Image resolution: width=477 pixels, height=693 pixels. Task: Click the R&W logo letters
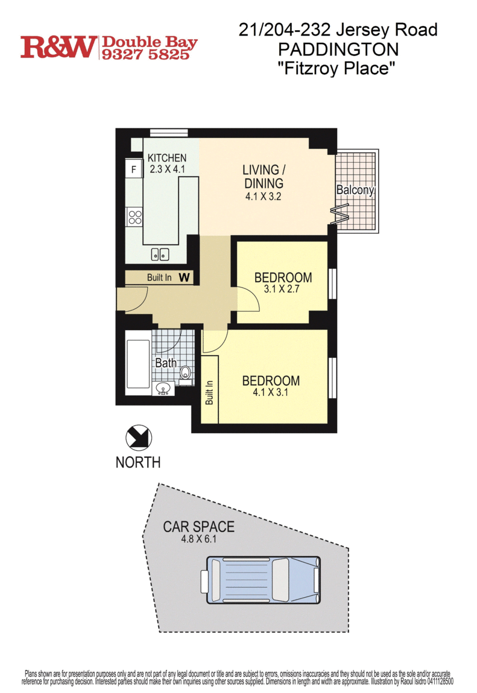click(x=58, y=47)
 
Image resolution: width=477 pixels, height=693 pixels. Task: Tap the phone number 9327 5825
click(x=146, y=54)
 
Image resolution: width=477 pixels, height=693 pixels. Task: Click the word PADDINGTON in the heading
click(x=338, y=49)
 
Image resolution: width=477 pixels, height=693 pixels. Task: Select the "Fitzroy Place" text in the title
click(x=335, y=69)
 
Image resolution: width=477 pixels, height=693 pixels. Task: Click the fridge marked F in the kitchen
click(x=134, y=168)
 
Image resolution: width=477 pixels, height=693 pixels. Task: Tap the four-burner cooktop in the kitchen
click(x=135, y=216)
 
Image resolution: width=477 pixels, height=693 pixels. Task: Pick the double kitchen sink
click(x=160, y=254)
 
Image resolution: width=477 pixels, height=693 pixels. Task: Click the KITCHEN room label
click(x=166, y=158)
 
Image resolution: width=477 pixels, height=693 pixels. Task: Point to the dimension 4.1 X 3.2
click(x=264, y=196)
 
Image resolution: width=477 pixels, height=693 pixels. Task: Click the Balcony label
click(x=355, y=190)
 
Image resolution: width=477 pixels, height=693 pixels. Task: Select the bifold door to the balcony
click(x=340, y=214)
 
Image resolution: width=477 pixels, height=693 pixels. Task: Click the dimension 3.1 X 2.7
click(x=282, y=289)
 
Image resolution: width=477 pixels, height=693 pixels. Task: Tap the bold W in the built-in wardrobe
click(x=185, y=277)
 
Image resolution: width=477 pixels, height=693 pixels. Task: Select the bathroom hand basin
click(x=163, y=389)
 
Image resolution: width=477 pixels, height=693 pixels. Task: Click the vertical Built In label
click(x=209, y=392)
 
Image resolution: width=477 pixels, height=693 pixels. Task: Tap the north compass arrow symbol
click(x=138, y=438)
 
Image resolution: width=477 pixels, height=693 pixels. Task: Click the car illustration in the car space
click(x=261, y=580)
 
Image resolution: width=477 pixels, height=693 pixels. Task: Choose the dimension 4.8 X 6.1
click(x=198, y=539)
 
